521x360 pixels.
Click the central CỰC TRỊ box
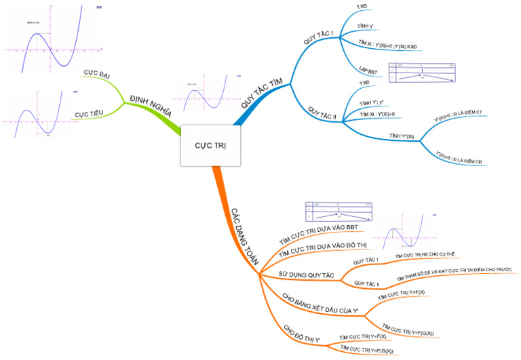point(210,146)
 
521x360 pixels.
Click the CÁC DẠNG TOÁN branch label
point(242,231)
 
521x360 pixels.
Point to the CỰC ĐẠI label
point(97,72)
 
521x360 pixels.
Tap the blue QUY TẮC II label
point(322,113)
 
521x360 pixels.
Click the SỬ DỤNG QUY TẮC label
point(307,274)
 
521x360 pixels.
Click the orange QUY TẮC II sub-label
point(367,282)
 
